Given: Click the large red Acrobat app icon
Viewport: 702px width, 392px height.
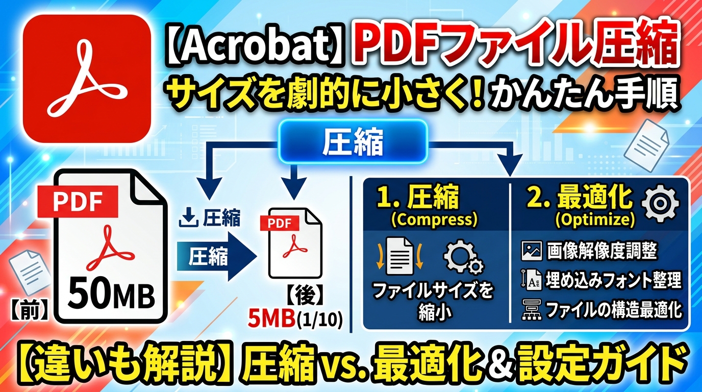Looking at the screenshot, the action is (87, 79).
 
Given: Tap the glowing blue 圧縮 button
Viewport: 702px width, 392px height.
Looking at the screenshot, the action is (353, 142).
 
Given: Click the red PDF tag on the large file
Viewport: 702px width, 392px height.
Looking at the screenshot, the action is (78, 201).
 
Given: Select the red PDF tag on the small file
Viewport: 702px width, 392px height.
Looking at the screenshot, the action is (280, 223).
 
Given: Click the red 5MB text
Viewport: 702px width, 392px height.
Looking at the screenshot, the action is (271, 318).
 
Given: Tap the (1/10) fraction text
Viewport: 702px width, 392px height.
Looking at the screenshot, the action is (319, 320).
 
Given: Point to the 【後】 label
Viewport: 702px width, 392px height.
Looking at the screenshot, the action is (304, 296).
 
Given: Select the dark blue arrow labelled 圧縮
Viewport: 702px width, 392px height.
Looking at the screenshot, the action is (217, 257).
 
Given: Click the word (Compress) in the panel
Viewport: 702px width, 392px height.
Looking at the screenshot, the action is (434, 219).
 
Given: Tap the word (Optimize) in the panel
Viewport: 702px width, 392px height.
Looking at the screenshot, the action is (595, 219).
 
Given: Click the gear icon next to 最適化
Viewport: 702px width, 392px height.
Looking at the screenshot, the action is (661, 204).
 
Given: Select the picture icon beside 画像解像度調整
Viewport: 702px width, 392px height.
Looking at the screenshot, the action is (532, 251).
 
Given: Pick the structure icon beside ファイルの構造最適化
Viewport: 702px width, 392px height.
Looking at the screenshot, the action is (532, 309).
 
